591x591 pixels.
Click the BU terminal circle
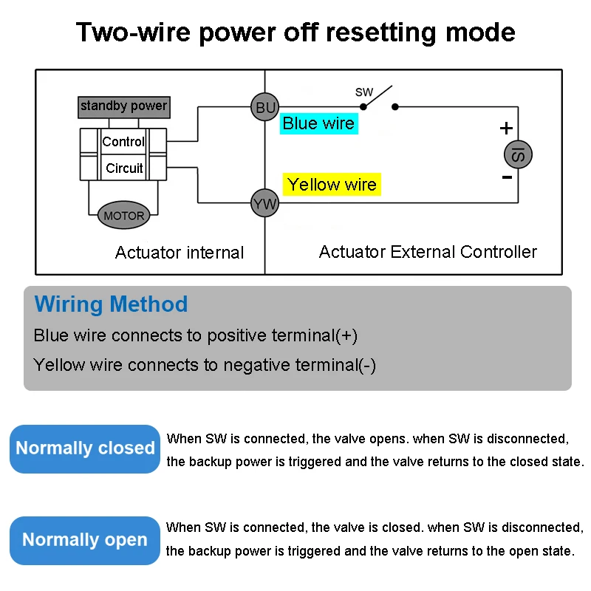265,107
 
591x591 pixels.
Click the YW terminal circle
265,203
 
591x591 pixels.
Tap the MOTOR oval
123,215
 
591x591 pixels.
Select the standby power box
124,107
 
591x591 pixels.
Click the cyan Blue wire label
319,123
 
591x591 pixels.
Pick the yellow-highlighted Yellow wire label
332,184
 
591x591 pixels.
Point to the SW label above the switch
364,92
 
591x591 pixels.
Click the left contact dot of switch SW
363,107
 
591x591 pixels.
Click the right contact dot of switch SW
395,107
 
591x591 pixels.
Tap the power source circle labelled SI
519,154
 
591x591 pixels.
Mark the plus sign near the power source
506,128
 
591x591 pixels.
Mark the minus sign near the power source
508,177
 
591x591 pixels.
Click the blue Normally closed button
85,449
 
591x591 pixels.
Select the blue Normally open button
85,541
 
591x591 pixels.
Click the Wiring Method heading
112,304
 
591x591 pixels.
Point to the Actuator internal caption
180,253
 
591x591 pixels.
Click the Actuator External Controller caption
428,252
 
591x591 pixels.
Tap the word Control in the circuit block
123,142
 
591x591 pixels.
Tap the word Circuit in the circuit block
124,168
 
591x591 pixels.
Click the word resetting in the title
380,33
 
